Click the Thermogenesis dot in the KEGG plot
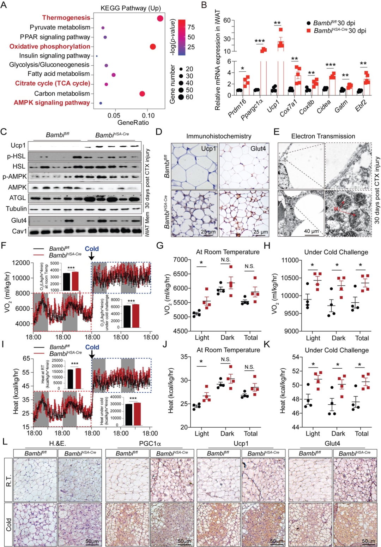[160, 18]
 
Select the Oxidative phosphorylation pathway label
[50, 46]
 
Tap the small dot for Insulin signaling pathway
[97, 56]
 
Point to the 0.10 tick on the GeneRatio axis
[148, 115]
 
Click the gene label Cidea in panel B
[323, 106]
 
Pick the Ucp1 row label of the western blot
[18, 145]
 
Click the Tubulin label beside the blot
[16, 209]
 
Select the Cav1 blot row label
[19, 231]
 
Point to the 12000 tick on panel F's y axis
[21, 263]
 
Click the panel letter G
[159, 245]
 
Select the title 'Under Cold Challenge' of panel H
[336, 252]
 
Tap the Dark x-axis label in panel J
[227, 433]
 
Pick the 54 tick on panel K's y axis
[296, 357]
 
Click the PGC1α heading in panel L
[150, 444]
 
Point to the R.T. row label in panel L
[8, 480]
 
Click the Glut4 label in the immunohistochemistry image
[258, 149]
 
